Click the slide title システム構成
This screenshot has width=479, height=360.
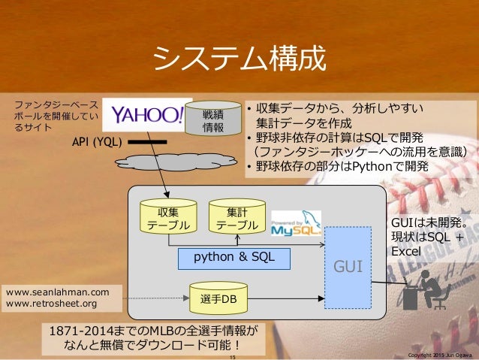pos(239,57)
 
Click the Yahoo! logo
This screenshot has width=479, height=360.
pos(146,115)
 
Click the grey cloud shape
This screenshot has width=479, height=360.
pos(188,164)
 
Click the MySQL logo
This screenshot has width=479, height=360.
pos(295,222)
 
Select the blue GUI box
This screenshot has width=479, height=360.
pos(348,265)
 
